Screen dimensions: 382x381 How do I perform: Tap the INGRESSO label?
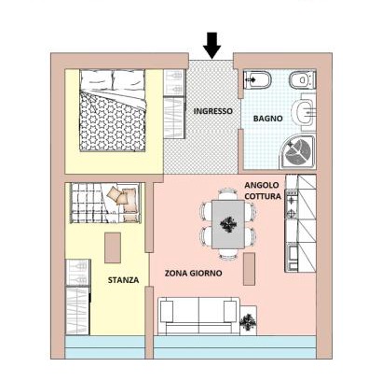pyautogui.click(x=212, y=111)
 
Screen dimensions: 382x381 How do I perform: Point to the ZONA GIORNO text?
pyautogui.click(x=193, y=274)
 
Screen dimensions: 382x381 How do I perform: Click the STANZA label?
pyautogui.click(x=123, y=280)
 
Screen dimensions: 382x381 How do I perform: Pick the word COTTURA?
pyautogui.click(x=263, y=196)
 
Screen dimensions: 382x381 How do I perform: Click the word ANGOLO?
pyautogui.click(x=262, y=185)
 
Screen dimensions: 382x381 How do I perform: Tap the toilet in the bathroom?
pyautogui.click(x=302, y=79)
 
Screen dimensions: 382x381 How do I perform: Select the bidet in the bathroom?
pyautogui.click(x=256, y=80)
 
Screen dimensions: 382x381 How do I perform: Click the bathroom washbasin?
pyautogui.click(x=304, y=112)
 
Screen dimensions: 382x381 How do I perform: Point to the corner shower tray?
pyautogui.click(x=297, y=152)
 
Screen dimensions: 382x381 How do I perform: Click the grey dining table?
pyautogui.click(x=228, y=224)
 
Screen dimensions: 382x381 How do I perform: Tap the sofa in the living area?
pyautogui.click(x=198, y=316)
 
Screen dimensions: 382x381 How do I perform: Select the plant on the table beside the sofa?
pyautogui.click(x=248, y=320)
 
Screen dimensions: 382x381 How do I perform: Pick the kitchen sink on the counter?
pyautogui.click(x=292, y=258)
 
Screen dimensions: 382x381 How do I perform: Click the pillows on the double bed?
pyautogui.click(x=113, y=80)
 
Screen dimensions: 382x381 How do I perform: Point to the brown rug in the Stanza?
pyautogui.click(x=113, y=247)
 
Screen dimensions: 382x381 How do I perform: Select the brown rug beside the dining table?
pyautogui.click(x=249, y=269)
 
